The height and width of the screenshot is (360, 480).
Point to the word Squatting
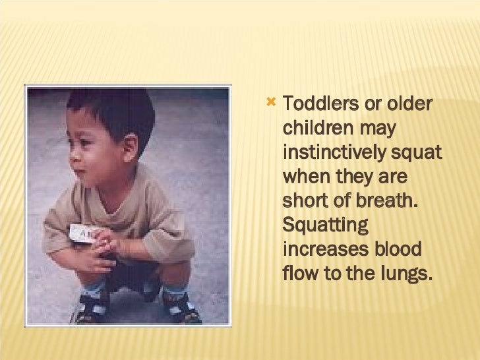click(x=324, y=226)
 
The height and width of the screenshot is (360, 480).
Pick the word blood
click(x=395, y=250)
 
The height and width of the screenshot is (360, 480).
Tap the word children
click(x=315, y=129)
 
